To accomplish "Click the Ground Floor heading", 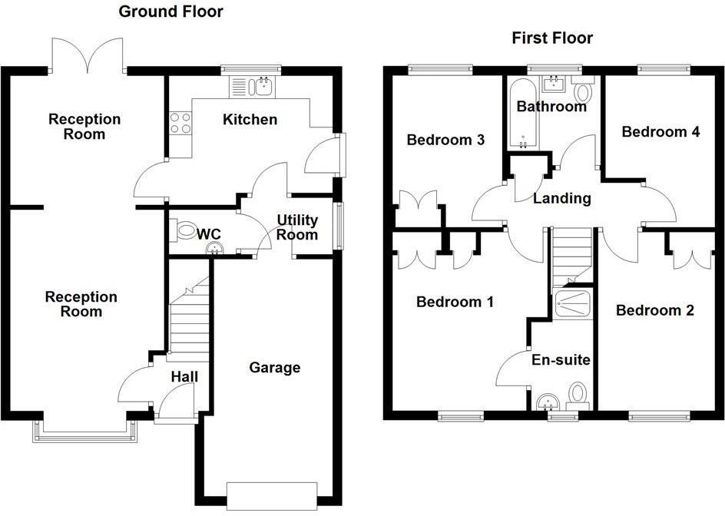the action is (x=170, y=12).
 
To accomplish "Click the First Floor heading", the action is (x=552, y=38).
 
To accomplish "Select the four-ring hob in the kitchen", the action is (x=180, y=123).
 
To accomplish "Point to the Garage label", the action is (x=275, y=368).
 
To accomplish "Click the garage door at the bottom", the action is (x=273, y=496).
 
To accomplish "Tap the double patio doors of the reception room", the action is (x=88, y=55).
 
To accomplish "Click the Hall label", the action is (x=184, y=377).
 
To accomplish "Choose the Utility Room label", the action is (x=297, y=227).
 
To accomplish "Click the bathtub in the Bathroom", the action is (x=523, y=114).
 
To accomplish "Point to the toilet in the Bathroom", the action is (x=583, y=90).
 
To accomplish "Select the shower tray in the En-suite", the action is (x=572, y=303).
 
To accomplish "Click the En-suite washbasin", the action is (x=549, y=402).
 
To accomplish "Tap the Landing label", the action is (x=561, y=198).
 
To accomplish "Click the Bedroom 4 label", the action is (x=660, y=132).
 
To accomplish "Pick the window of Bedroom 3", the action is (x=440, y=71).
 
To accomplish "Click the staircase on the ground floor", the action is (x=189, y=319).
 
